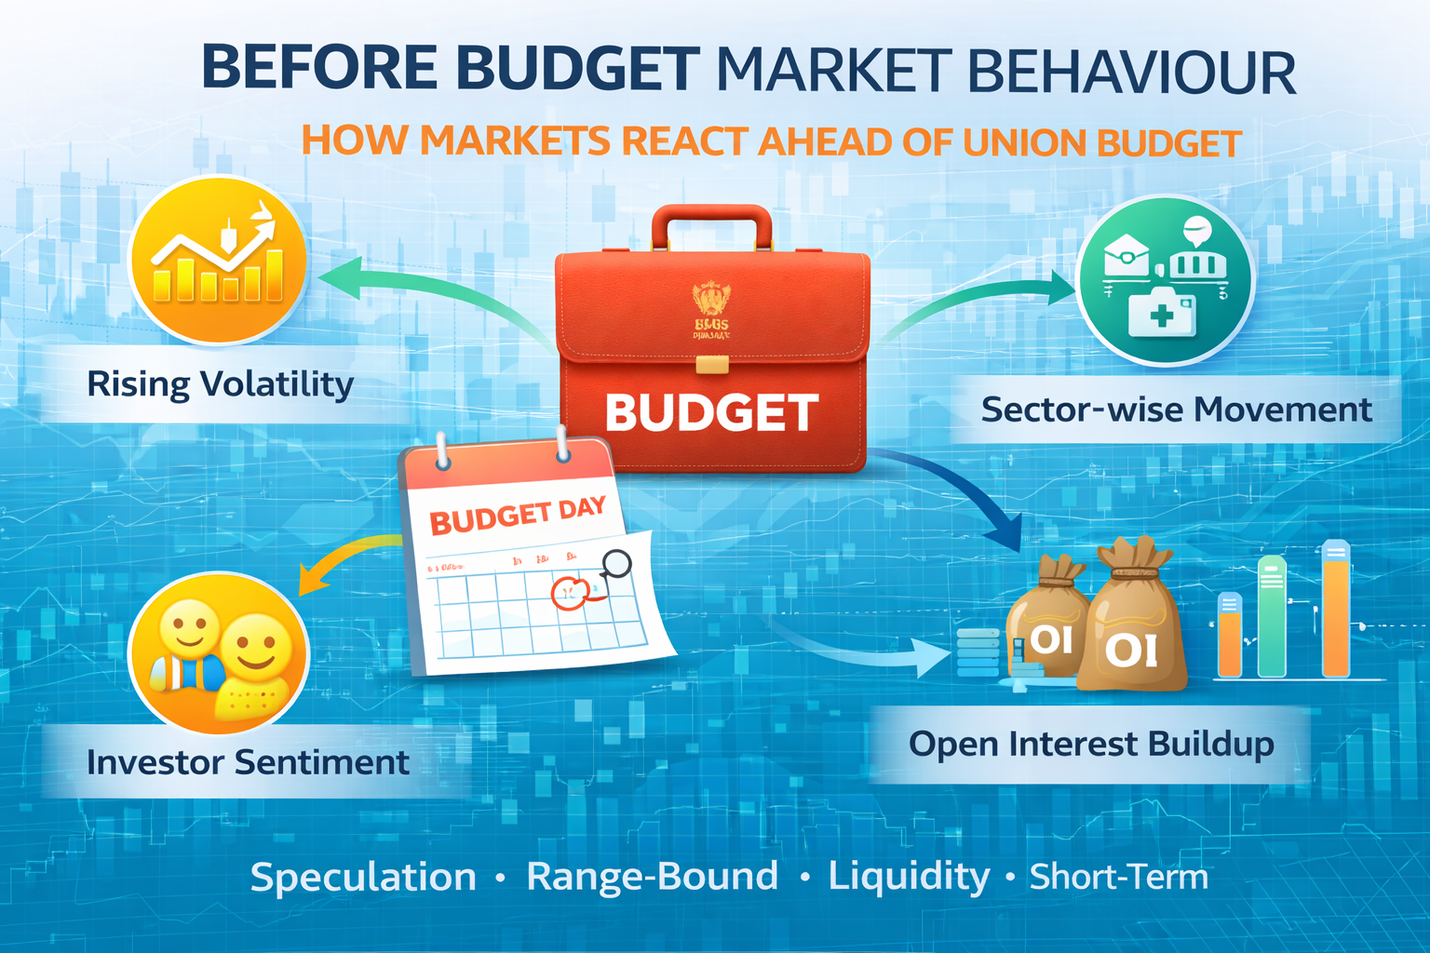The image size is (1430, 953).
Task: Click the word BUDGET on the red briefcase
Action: pyautogui.click(x=712, y=412)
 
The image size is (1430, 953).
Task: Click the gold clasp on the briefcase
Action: pyautogui.click(x=712, y=364)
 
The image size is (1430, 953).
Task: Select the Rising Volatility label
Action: pyautogui.click(x=220, y=384)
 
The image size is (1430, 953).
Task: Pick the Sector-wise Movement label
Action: pyautogui.click(x=1176, y=409)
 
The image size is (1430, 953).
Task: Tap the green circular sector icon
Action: pyautogui.click(x=1165, y=279)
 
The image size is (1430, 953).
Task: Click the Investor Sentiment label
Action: pyautogui.click(x=248, y=762)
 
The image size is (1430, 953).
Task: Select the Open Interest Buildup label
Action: pyautogui.click(x=1091, y=745)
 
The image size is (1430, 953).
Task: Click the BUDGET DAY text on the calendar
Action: pyautogui.click(x=518, y=515)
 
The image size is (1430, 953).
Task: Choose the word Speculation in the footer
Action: pyautogui.click(x=363, y=878)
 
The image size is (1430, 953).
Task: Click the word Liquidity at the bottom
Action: pyautogui.click(x=909, y=876)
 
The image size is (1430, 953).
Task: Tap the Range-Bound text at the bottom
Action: pyautogui.click(x=652, y=877)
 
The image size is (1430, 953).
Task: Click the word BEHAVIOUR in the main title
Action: pyautogui.click(x=1132, y=73)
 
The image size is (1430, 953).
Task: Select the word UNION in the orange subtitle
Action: pyautogui.click(x=1025, y=143)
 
